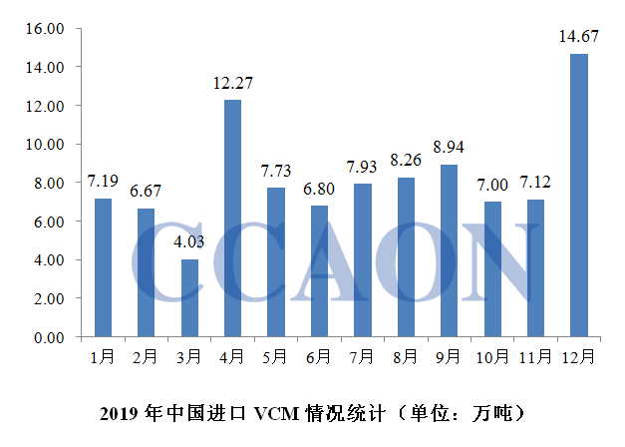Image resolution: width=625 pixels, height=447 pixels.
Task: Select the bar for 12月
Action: (578, 196)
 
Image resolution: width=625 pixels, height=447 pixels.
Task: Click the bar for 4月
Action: (232, 219)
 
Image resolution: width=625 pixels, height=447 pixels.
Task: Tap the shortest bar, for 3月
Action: (189, 298)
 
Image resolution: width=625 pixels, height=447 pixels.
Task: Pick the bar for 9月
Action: (449, 251)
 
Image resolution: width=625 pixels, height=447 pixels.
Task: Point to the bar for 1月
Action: (103, 267)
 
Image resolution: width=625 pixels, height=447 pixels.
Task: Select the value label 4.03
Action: (189, 243)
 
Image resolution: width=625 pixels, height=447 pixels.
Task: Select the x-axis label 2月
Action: (147, 355)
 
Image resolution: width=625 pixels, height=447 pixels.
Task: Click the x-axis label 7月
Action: (362, 355)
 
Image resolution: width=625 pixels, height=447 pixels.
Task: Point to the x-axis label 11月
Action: (535, 355)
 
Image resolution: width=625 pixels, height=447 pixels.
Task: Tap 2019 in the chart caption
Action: (123, 411)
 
